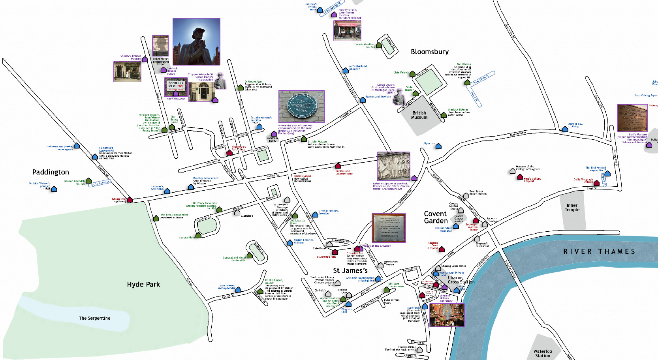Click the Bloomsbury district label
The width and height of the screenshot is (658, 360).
[x=429, y=52]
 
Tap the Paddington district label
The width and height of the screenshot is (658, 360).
[x=51, y=172]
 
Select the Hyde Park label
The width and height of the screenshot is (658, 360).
[x=143, y=284]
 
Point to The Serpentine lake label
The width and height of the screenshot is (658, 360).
[x=94, y=318]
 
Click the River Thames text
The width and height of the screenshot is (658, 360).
[x=599, y=251]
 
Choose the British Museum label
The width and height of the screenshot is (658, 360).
[x=419, y=115]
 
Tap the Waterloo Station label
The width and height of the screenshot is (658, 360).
[x=543, y=353]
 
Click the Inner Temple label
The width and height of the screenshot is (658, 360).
[x=572, y=207]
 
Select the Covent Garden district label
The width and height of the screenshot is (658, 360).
[x=436, y=217]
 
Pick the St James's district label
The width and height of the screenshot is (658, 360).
[x=350, y=270]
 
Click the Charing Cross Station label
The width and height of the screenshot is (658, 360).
[x=461, y=280]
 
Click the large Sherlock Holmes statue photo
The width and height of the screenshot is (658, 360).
[x=196, y=41]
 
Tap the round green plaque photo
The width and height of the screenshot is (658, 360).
[x=301, y=106]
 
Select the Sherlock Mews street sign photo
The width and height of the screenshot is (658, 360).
[x=176, y=86]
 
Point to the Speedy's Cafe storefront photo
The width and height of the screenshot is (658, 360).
[x=347, y=31]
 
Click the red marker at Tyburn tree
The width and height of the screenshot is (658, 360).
[x=130, y=200]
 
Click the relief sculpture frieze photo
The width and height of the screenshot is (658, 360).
[x=393, y=166]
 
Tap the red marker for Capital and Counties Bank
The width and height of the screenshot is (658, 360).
[x=338, y=166]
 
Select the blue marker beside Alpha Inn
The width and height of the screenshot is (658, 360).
[x=438, y=146]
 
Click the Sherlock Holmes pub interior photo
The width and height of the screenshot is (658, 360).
[x=447, y=315]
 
